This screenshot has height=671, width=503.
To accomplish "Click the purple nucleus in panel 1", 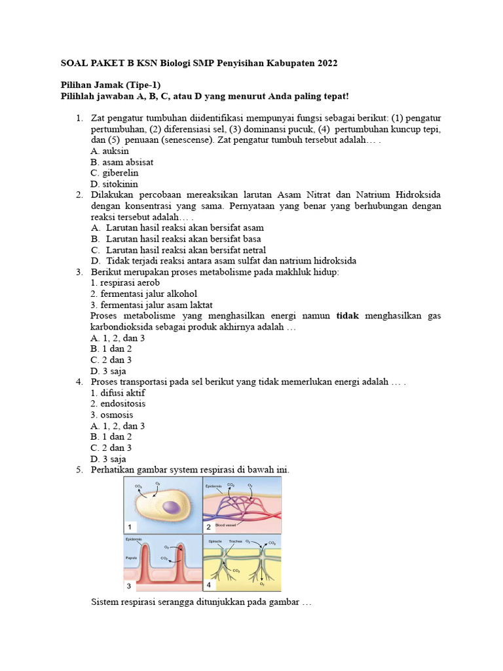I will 172,508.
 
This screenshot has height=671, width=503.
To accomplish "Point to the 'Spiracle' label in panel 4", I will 215,542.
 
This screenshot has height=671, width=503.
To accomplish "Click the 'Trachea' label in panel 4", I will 235,542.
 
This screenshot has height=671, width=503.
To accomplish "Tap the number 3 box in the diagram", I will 130,586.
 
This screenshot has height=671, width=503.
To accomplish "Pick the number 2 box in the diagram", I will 209,526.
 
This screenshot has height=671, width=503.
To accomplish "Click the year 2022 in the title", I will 328,64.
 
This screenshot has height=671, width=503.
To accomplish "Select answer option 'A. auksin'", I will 110,151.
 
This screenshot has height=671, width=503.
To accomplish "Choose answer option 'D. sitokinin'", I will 115,184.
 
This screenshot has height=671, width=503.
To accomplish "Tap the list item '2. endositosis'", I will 118,404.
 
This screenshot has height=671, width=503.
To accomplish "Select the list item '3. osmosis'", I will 112,415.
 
